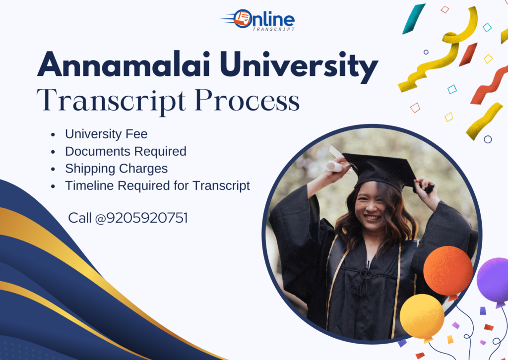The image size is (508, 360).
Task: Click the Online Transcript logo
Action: [258, 20]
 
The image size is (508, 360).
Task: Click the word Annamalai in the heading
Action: [124, 64]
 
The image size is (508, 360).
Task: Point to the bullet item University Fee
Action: [106, 134]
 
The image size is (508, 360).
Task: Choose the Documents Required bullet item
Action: [126, 151]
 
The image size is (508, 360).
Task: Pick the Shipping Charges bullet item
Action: [116, 168]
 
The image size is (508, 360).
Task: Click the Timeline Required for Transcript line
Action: [157, 186]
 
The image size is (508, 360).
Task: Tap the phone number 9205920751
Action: [147, 218]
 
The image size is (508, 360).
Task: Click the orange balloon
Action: [448, 272]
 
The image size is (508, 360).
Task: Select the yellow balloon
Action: [422, 317]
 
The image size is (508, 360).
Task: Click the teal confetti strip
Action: [414, 19]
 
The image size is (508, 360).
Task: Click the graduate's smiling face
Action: [372, 207]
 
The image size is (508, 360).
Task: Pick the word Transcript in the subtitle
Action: [111, 101]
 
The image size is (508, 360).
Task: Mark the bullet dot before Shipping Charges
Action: [53, 169]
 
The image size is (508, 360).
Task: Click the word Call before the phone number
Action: [80, 218]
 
